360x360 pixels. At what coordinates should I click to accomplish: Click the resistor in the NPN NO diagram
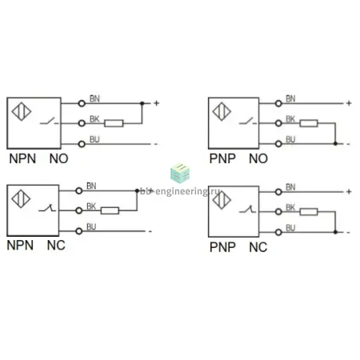click(x=114, y=123)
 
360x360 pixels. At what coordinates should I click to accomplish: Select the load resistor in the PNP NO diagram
click(x=309, y=123)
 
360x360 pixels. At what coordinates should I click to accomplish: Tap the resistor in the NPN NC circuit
click(x=110, y=210)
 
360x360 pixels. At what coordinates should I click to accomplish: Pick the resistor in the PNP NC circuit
click(x=309, y=212)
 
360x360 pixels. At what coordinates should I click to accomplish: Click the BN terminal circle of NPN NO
click(x=82, y=103)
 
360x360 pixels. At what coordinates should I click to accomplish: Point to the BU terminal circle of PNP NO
click(x=278, y=144)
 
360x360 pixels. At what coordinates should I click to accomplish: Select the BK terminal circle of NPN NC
click(x=79, y=210)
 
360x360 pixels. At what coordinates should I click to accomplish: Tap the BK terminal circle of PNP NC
click(x=278, y=212)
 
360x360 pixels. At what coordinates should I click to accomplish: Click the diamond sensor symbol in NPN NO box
click(x=22, y=111)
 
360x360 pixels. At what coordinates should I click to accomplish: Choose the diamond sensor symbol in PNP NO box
click(x=222, y=111)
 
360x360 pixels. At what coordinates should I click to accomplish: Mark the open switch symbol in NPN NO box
click(x=50, y=122)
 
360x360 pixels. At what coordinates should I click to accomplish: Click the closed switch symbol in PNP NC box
click(x=248, y=209)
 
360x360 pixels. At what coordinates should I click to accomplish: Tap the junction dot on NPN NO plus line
click(x=142, y=103)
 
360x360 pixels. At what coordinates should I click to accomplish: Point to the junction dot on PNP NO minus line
click(x=335, y=144)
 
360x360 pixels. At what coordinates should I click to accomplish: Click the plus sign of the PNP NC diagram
click(x=349, y=191)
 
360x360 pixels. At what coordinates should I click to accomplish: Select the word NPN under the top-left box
click(x=22, y=158)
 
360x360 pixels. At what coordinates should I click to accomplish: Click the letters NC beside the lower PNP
click(x=258, y=247)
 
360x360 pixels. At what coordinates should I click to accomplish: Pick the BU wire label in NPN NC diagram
click(x=91, y=226)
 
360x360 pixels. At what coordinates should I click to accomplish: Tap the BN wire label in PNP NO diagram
click(x=290, y=98)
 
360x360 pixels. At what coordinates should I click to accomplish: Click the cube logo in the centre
click(x=180, y=173)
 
